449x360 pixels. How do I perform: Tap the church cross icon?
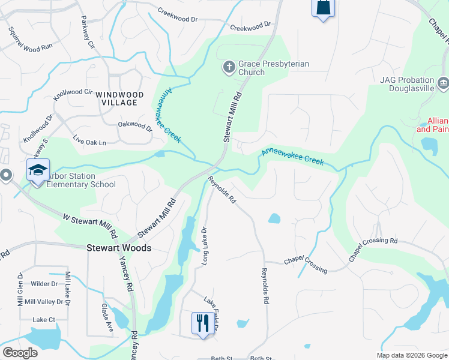(228, 67)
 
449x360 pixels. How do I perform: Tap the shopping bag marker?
(322, 8)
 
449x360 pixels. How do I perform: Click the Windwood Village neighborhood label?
(119, 98)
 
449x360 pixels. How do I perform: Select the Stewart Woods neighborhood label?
(119, 247)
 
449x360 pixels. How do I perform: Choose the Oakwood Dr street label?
(135, 125)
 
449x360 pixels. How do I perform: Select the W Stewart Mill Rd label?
(89, 222)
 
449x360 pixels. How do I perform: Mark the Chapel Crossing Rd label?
(373, 249)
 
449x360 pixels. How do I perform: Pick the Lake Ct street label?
(44, 320)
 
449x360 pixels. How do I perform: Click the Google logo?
(20, 353)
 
